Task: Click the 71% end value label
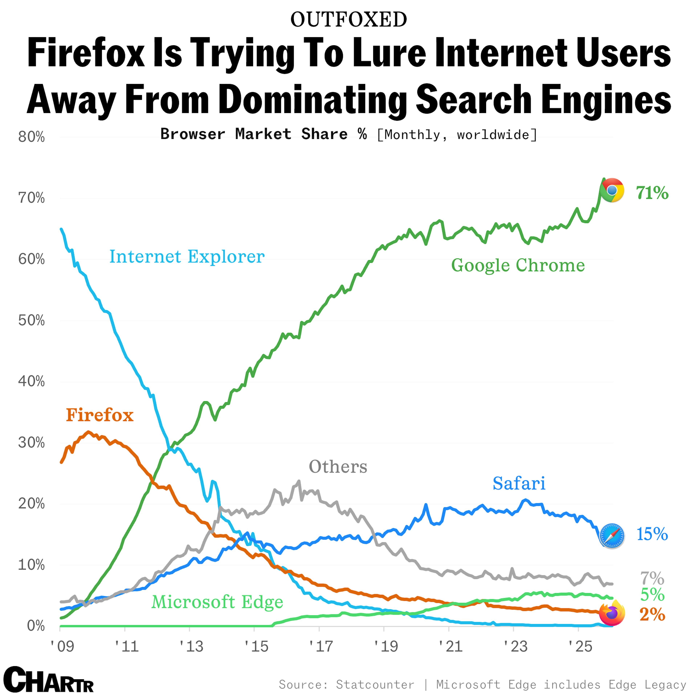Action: tap(652, 193)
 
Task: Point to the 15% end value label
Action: tap(652, 534)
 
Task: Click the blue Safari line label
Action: tap(519, 483)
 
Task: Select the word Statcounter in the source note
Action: tap(375, 684)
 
